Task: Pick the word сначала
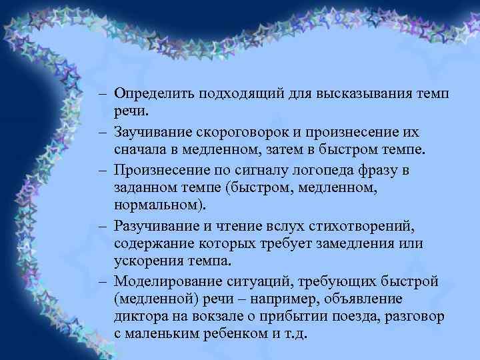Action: [x=137, y=150]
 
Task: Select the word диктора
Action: [x=138, y=317]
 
